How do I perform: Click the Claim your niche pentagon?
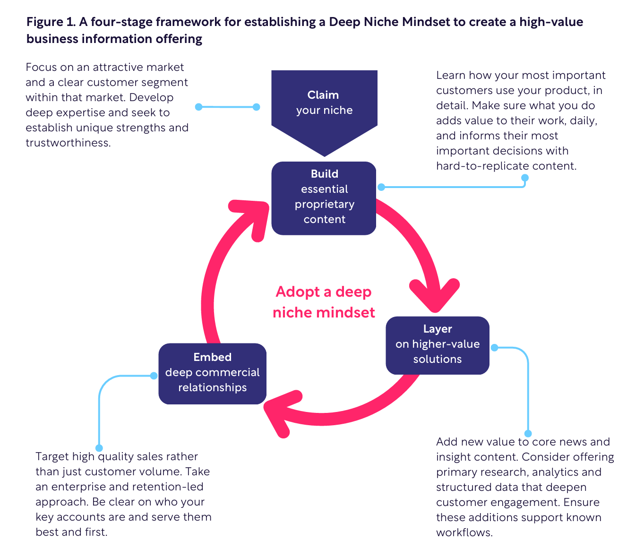pyautogui.click(x=324, y=106)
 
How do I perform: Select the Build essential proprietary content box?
pyautogui.click(x=324, y=197)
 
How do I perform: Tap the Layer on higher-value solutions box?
pyautogui.click(x=438, y=344)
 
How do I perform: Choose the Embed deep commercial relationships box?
pyautogui.click(x=212, y=373)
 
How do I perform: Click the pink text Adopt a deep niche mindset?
pyautogui.click(x=324, y=302)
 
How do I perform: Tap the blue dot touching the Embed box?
pyautogui.click(x=154, y=376)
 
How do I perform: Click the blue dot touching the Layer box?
pyautogui.click(x=494, y=348)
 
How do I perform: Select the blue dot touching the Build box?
pyautogui.click(x=381, y=187)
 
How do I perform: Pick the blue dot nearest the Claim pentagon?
pyautogui.click(x=257, y=107)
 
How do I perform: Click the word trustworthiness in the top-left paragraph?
pyautogui.click(x=68, y=143)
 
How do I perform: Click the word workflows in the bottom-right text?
pyautogui.click(x=464, y=532)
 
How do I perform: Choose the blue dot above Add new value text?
pyautogui.click(x=528, y=433)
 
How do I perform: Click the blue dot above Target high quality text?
pyautogui.click(x=99, y=448)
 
